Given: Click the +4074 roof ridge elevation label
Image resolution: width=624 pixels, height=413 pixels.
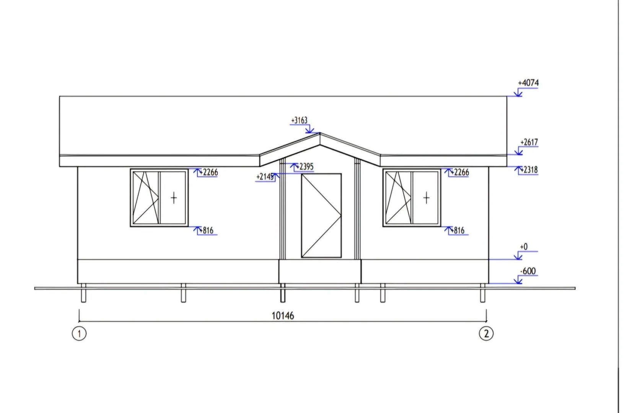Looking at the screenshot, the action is [x=528, y=83].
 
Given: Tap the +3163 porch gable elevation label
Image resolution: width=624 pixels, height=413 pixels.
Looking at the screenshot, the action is [x=299, y=120].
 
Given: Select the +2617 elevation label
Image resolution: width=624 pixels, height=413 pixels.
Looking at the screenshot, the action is [x=529, y=142].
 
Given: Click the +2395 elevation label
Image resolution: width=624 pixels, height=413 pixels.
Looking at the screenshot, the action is [x=305, y=166].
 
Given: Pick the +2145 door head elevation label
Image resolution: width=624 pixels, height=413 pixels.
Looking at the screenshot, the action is [x=265, y=177].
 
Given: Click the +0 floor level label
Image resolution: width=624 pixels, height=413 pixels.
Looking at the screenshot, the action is [x=524, y=247].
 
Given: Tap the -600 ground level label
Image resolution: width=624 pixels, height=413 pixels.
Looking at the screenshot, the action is [x=528, y=271].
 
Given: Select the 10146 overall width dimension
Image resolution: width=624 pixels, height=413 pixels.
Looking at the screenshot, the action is [x=283, y=316].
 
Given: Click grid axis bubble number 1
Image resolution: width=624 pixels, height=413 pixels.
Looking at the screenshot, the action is [x=79, y=333].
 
